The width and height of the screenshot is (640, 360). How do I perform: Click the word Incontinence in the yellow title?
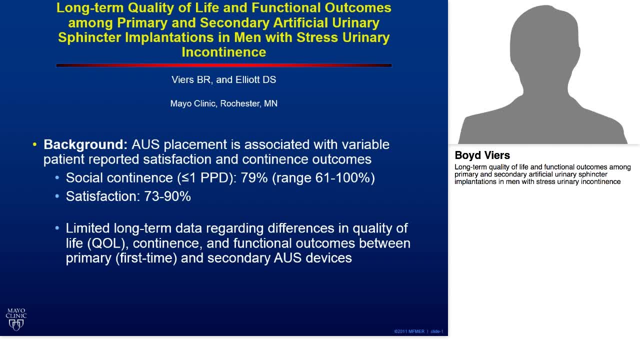click(x=223, y=52)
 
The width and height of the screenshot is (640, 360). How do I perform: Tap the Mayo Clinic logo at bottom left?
click(x=16, y=319)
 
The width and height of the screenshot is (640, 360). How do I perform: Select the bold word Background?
click(x=85, y=144)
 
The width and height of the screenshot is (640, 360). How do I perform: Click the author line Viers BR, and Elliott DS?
click(x=223, y=80)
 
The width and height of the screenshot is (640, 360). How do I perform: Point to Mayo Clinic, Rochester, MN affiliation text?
click(x=223, y=103)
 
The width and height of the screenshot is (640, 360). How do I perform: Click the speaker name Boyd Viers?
click(x=482, y=155)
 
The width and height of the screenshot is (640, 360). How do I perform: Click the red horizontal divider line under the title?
click(x=223, y=65)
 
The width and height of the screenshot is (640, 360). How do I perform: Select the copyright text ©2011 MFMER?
click(x=409, y=331)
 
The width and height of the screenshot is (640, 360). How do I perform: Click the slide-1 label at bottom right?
click(x=437, y=331)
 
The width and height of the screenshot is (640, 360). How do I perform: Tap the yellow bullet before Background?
click(x=34, y=145)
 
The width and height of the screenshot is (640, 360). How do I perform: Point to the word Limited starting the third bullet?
click(x=88, y=228)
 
